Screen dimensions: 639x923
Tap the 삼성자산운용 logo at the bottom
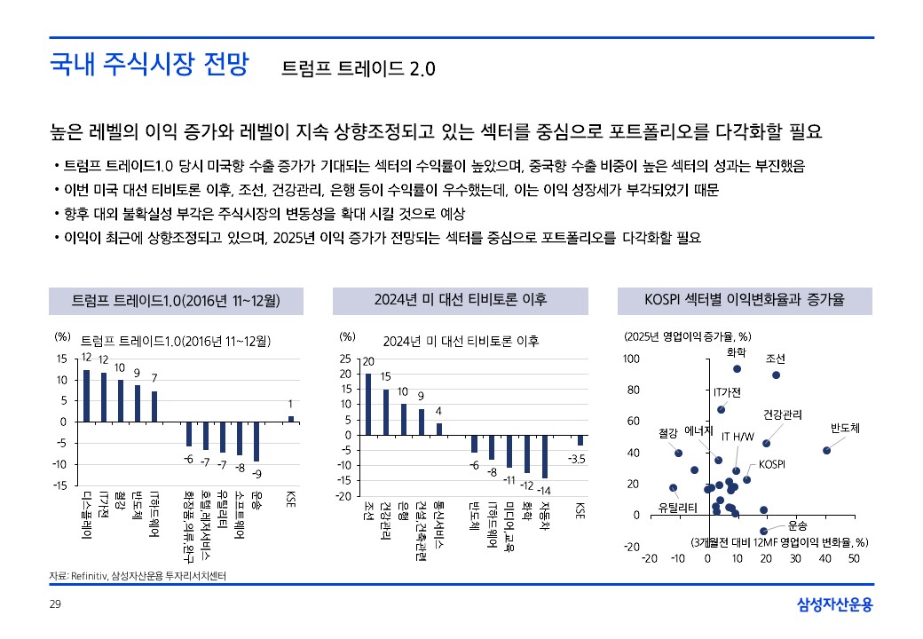pos(834,605)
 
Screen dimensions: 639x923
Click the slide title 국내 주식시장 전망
pos(149,65)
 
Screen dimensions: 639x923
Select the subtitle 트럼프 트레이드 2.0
pos(358,68)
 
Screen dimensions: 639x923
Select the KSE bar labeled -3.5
pos(580,440)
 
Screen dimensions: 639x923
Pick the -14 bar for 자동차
pos(545,456)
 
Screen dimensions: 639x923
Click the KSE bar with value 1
pos(290,418)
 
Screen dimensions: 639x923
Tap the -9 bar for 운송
pos(256,441)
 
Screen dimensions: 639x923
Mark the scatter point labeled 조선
pos(776,375)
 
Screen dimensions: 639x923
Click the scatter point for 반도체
pos(826,450)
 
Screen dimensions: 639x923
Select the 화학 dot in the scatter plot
pos(737,368)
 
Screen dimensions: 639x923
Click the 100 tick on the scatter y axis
pos(631,359)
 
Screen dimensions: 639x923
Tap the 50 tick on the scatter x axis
pos(854,558)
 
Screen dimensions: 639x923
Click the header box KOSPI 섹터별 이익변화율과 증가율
pos(743,302)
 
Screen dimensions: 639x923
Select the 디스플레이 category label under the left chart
pos(87,515)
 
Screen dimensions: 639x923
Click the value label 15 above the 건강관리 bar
pos(386,376)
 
